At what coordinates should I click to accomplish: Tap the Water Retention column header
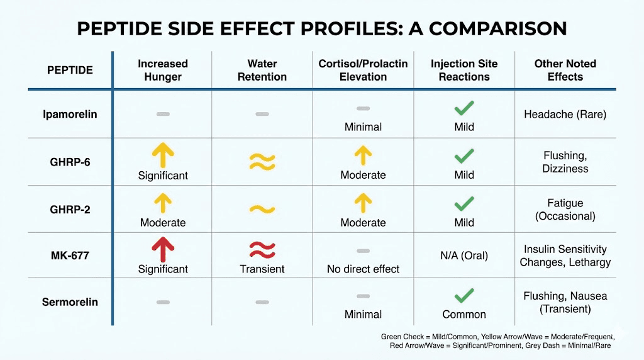262,70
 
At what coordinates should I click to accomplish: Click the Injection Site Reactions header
464,70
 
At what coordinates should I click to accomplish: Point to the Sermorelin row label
70,301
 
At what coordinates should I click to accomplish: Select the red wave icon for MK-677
262,250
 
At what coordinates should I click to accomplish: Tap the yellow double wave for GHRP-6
262,162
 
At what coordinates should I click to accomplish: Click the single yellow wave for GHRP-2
262,209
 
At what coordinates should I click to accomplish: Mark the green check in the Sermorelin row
464,295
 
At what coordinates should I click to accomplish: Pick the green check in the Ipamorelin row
464,108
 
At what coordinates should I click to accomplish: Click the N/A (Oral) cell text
464,256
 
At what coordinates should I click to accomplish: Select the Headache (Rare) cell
565,115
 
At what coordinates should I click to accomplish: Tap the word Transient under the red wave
262,269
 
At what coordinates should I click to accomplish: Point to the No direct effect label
363,269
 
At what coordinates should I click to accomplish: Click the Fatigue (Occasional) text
565,210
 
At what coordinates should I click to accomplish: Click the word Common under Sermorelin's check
464,314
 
